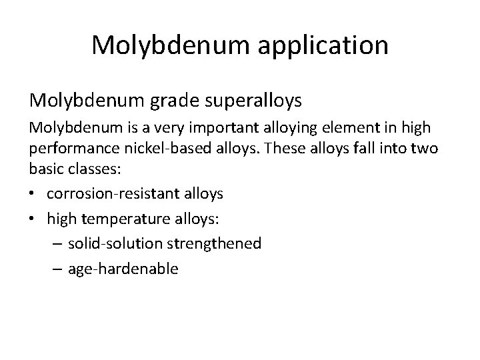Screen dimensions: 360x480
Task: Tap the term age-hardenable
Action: pyautogui.click(x=123, y=269)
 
